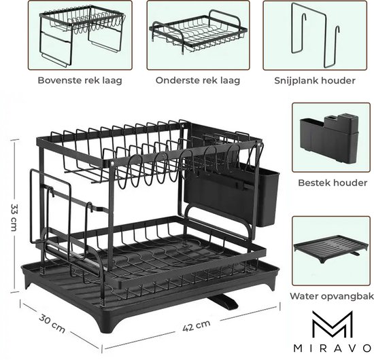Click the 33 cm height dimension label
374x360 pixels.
point(14,217)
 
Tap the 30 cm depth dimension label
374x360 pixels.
point(52,324)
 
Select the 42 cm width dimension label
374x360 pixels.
point(197,325)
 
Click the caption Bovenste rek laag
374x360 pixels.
point(80,80)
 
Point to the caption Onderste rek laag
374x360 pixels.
point(198,80)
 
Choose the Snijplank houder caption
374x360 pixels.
point(315,81)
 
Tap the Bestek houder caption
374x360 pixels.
point(333,183)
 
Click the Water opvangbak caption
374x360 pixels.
point(332,296)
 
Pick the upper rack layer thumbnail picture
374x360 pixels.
point(80,35)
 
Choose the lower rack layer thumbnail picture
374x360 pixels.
point(198,35)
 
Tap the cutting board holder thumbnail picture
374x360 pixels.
point(315,35)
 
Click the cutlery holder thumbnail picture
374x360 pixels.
point(331,137)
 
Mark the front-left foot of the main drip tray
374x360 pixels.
point(107,324)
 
